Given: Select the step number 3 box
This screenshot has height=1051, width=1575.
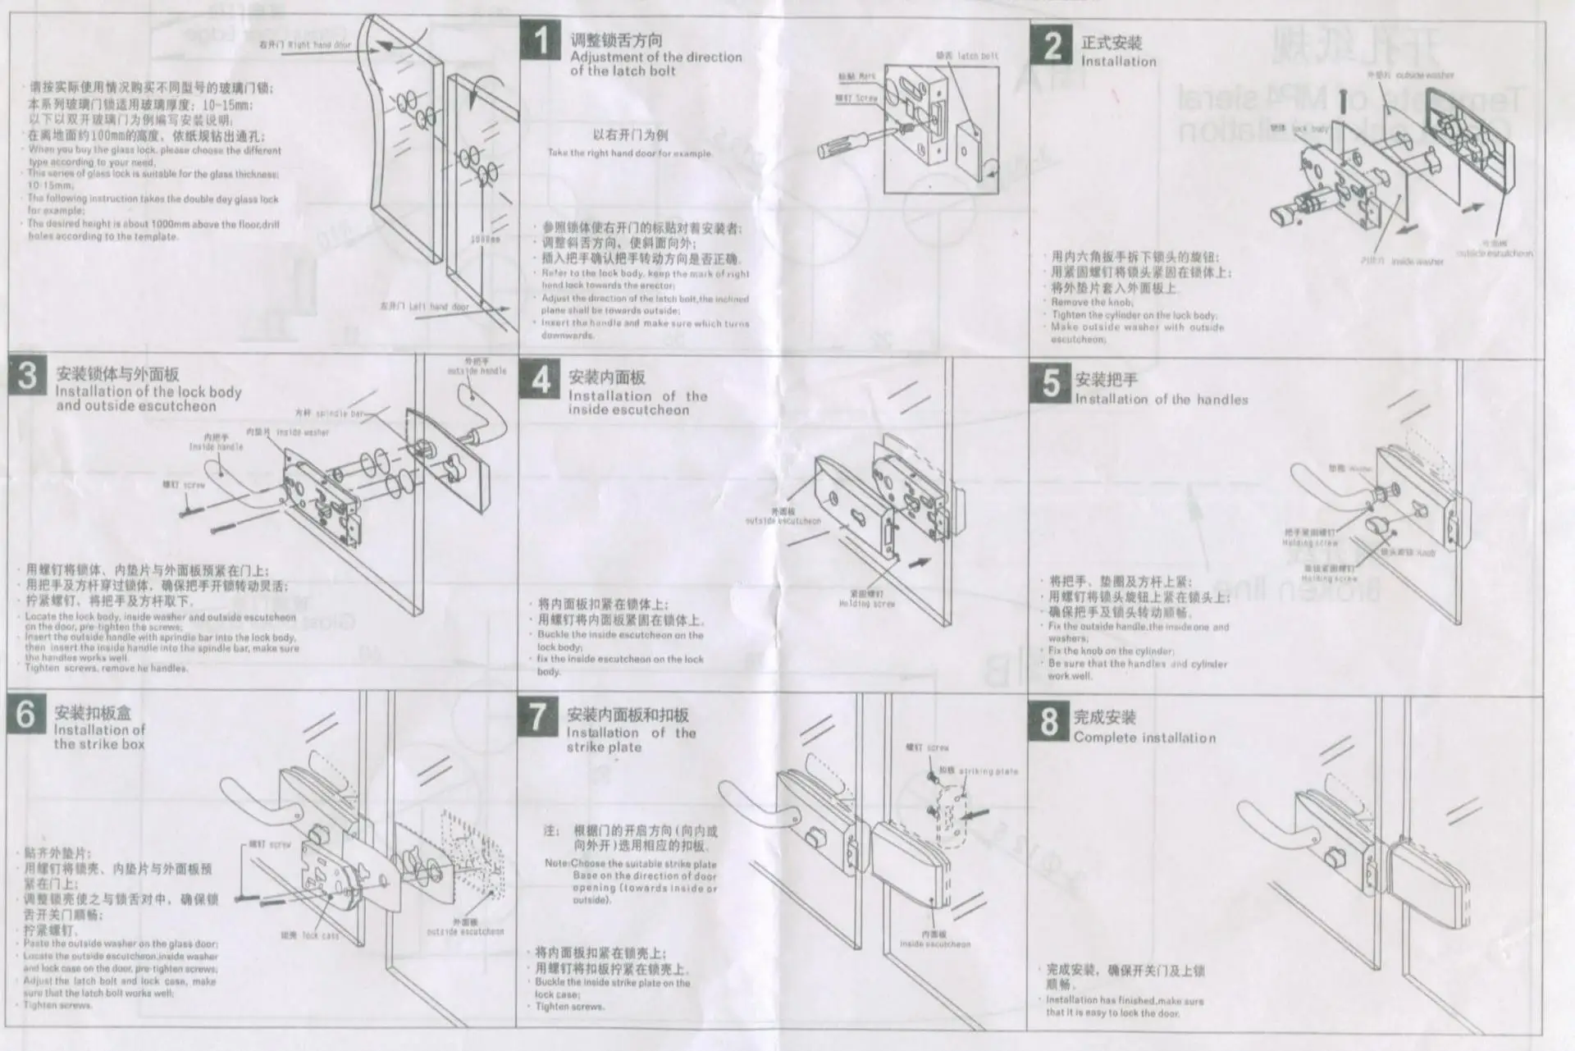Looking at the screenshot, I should pos(28,376).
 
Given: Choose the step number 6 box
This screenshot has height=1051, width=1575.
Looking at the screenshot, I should pos(26,714).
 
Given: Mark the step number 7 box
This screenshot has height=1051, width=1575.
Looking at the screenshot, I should pos(537,715).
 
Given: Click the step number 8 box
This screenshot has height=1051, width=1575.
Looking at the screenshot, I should pos(1049,721).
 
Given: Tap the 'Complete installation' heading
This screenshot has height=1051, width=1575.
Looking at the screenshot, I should pos(1144,738).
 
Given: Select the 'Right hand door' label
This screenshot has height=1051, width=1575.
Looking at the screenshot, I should pos(305,45).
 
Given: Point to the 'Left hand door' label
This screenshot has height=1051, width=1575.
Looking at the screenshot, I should pos(424,307).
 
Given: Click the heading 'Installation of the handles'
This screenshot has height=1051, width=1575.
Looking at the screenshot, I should pos(1161,400).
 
